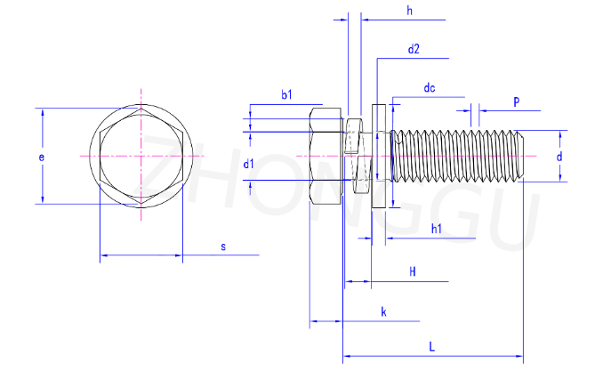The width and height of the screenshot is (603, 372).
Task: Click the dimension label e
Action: point(41,157)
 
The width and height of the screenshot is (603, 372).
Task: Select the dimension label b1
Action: point(286,94)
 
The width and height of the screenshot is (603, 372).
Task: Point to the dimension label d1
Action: point(249,164)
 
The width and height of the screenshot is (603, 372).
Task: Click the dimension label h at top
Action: point(409,11)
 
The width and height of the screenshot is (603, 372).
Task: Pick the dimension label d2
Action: point(414,50)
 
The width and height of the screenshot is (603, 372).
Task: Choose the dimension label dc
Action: point(429,87)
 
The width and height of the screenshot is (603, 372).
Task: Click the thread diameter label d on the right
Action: point(559,157)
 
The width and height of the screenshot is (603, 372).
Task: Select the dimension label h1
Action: point(437,229)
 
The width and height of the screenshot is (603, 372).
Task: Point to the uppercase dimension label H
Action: point(414,271)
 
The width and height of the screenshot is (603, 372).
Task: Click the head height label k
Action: point(382,311)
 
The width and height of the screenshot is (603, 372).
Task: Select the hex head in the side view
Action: point(326,156)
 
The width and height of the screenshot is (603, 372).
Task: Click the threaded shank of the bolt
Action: point(454,156)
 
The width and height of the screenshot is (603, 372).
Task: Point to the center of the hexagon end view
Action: point(141,156)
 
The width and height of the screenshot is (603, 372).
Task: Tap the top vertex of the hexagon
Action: point(141,109)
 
